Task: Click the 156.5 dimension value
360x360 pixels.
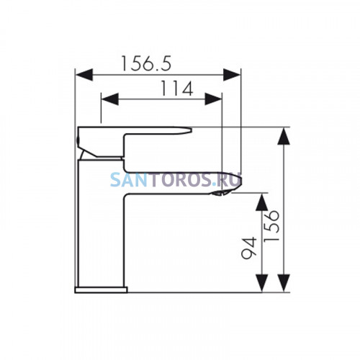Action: click(x=146, y=63)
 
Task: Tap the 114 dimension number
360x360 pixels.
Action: click(x=177, y=89)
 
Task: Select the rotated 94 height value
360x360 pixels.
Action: click(x=249, y=248)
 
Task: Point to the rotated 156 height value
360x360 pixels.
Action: click(x=271, y=226)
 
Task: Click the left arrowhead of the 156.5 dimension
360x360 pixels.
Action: click(x=84, y=75)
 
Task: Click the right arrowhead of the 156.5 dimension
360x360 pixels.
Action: click(x=232, y=75)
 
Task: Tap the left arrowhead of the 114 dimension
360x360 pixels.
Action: click(x=110, y=99)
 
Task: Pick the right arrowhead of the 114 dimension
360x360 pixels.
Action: click(x=213, y=99)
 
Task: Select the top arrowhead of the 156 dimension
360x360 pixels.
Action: click(x=284, y=136)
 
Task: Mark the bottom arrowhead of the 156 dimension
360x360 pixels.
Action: click(x=284, y=283)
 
